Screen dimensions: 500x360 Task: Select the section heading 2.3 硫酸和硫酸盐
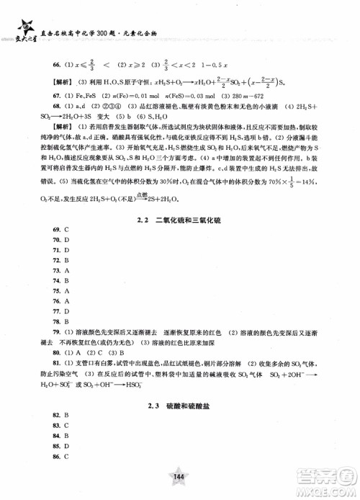[180, 407]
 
